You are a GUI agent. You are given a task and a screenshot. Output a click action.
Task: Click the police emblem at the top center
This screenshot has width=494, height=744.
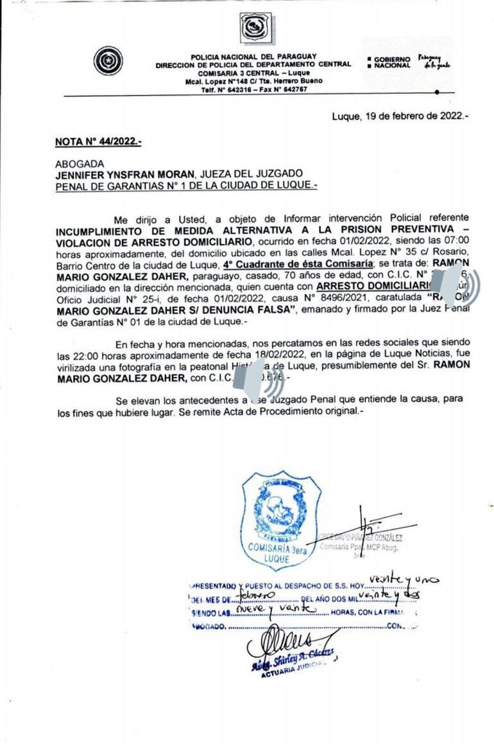click(255, 28)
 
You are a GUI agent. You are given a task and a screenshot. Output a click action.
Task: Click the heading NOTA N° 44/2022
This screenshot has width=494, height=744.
click(98, 142)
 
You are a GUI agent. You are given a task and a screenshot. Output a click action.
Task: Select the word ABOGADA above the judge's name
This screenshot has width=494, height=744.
click(80, 164)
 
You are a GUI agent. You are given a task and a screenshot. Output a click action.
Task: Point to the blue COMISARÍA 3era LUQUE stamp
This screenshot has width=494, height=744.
click(278, 520)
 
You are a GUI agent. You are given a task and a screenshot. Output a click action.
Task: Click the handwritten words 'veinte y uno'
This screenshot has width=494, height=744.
click(404, 581)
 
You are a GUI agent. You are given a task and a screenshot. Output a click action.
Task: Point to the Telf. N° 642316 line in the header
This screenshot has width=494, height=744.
click(254, 89)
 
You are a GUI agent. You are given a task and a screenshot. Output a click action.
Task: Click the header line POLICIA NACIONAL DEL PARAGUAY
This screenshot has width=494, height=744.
click(253, 57)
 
